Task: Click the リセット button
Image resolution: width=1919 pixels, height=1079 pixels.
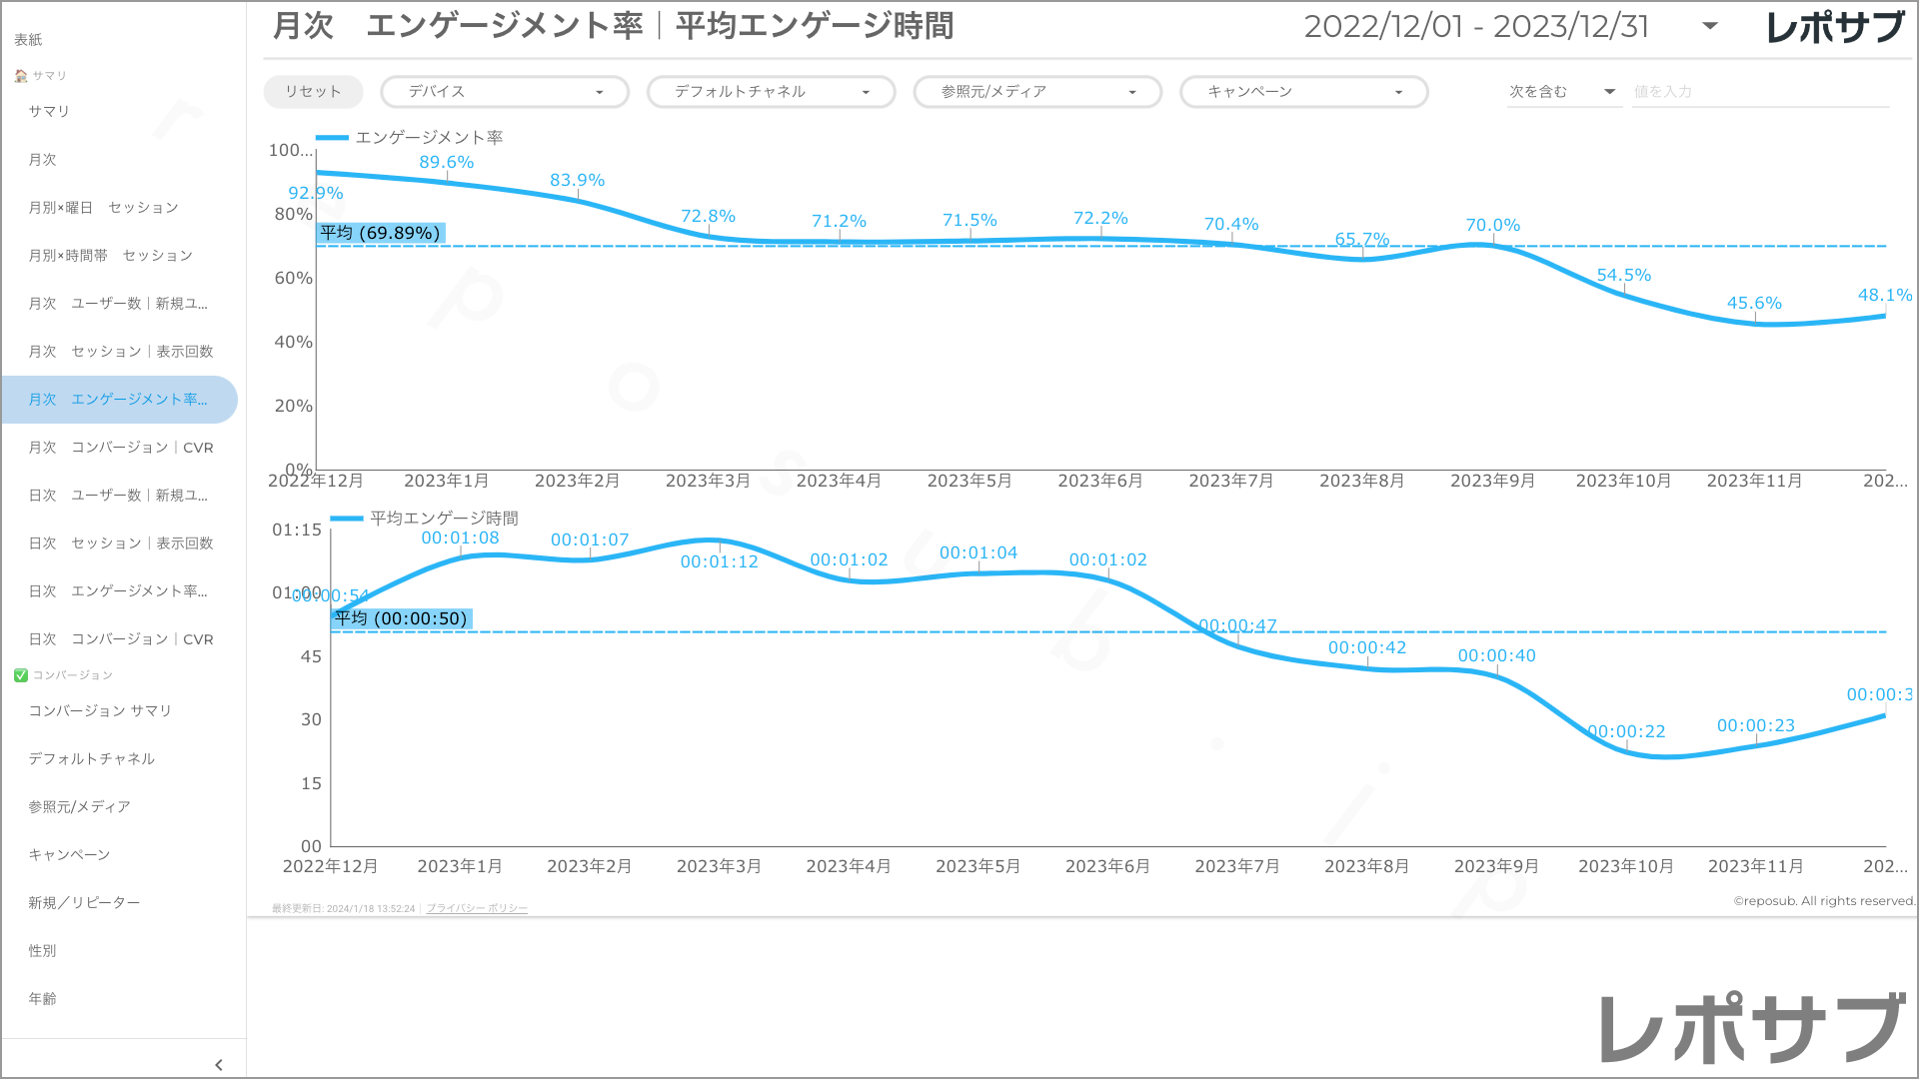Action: click(313, 92)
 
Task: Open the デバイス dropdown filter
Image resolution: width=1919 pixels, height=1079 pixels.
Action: click(504, 92)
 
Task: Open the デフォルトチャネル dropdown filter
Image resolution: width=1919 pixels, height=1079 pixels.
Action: click(771, 92)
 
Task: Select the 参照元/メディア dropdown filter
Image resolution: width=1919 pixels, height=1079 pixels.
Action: click(1036, 92)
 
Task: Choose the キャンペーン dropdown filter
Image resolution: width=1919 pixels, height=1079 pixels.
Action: click(1303, 92)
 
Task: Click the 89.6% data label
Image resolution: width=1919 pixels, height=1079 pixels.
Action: click(446, 162)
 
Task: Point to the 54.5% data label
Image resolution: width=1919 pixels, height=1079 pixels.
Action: click(1623, 275)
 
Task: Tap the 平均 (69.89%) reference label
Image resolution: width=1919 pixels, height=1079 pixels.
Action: click(380, 233)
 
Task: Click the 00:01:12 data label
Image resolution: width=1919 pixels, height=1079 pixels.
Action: click(719, 561)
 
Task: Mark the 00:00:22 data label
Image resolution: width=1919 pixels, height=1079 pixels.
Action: click(1627, 731)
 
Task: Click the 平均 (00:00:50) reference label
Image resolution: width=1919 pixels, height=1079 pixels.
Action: click(401, 618)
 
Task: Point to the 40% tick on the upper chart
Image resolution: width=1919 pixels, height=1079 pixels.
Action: click(293, 342)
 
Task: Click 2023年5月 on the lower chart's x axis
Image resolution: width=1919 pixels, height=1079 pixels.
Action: click(977, 866)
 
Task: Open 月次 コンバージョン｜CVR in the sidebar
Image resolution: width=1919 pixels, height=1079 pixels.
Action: click(121, 448)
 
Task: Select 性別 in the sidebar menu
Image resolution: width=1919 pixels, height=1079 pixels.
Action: click(42, 951)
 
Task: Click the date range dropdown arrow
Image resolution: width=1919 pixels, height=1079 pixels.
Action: click(1710, 27)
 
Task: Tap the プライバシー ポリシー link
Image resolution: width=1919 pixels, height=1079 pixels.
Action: click(477, 908)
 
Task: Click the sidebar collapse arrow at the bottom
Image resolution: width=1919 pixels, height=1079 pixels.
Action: click(219, 1065)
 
